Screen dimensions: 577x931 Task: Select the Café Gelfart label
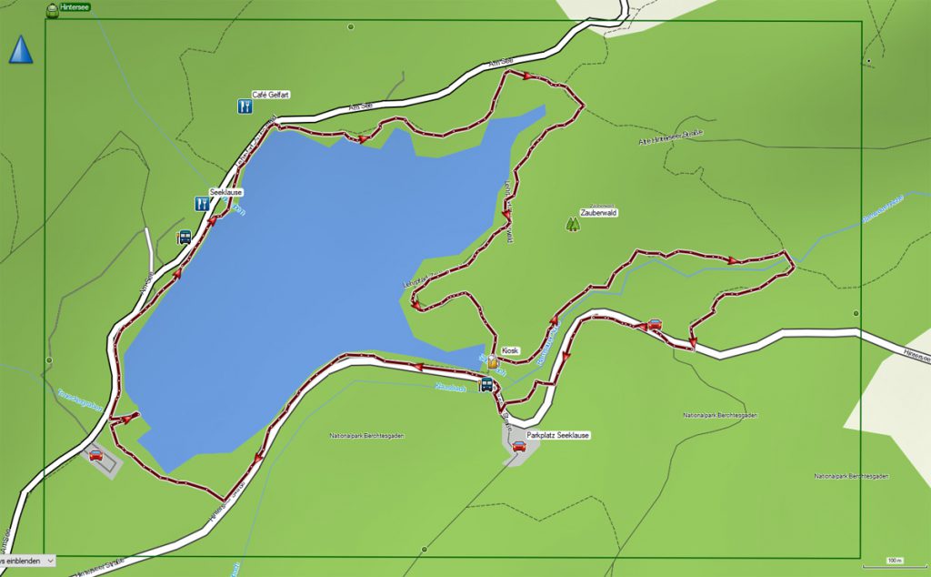click(x=270, y=95)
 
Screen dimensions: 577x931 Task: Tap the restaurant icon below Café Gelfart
click(x=244, y=107)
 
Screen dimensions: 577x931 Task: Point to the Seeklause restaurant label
click(x=226, y=193)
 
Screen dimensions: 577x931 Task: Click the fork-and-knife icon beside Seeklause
click(x=202, y=204)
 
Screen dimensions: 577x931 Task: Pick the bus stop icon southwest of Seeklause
click(x=184, y=238)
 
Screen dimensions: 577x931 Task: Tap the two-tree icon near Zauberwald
click(x=573, y=222)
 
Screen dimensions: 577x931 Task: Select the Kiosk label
click(x=509, y=350)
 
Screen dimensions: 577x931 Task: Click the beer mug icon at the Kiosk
click(x=492, y=362)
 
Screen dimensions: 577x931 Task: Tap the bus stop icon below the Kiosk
click(x=486, y=384)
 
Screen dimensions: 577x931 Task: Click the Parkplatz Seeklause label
click(x=558, y=435)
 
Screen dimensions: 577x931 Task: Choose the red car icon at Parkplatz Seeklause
click(x=518, y=446)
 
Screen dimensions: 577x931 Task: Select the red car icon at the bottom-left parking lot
click(x=95, y=454)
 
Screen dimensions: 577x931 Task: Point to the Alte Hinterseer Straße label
click(x=672, y=137)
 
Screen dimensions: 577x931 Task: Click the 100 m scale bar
click(x=896, y=560)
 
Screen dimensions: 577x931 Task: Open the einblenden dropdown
click(x=27, y=562)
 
